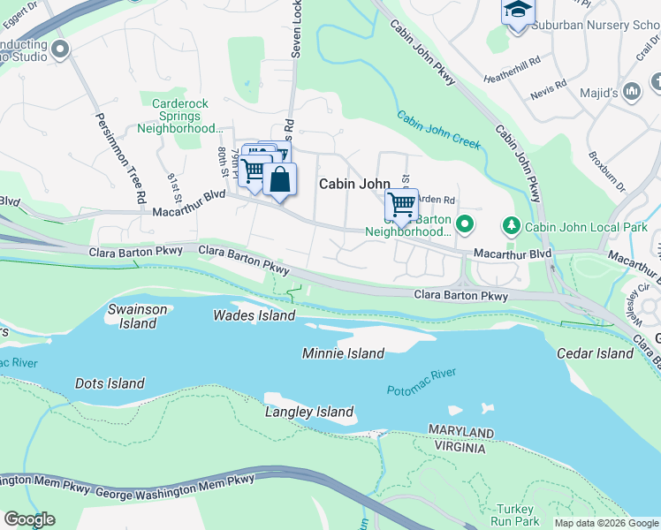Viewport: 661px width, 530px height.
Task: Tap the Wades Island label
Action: (254, 315)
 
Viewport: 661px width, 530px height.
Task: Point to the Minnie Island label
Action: (343, 353)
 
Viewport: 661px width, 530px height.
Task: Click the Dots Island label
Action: (110, 383)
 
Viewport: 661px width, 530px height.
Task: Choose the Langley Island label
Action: (309, 412)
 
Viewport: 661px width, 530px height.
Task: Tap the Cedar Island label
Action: (595, 353)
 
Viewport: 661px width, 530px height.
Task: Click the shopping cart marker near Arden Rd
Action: (401, 206)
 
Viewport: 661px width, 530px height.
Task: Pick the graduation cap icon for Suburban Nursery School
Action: (518, 11)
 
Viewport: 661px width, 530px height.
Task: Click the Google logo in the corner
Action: (29, 519)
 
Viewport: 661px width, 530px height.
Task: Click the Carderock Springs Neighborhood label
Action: (180, 116)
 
